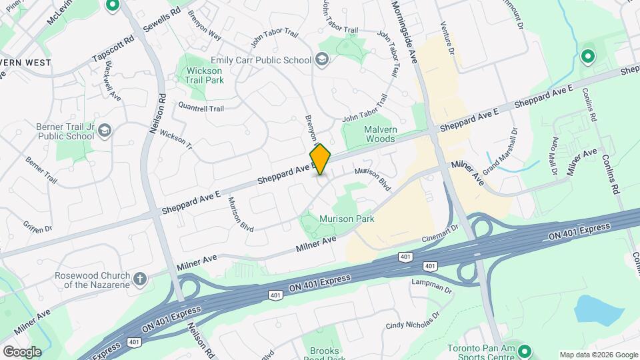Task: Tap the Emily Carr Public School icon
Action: click(323, 60)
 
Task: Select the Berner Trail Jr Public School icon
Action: click(104, 131)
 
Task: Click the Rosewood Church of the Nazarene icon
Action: click(139, 279)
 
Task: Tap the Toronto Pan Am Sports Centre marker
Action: click(524, 351)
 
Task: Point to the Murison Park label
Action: click(347, 219)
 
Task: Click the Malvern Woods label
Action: click(379, 134)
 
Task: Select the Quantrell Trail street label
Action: click(201, 107)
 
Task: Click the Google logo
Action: click(22, 352)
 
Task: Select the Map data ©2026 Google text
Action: click(598, 355)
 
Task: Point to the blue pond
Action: click(598, 308)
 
